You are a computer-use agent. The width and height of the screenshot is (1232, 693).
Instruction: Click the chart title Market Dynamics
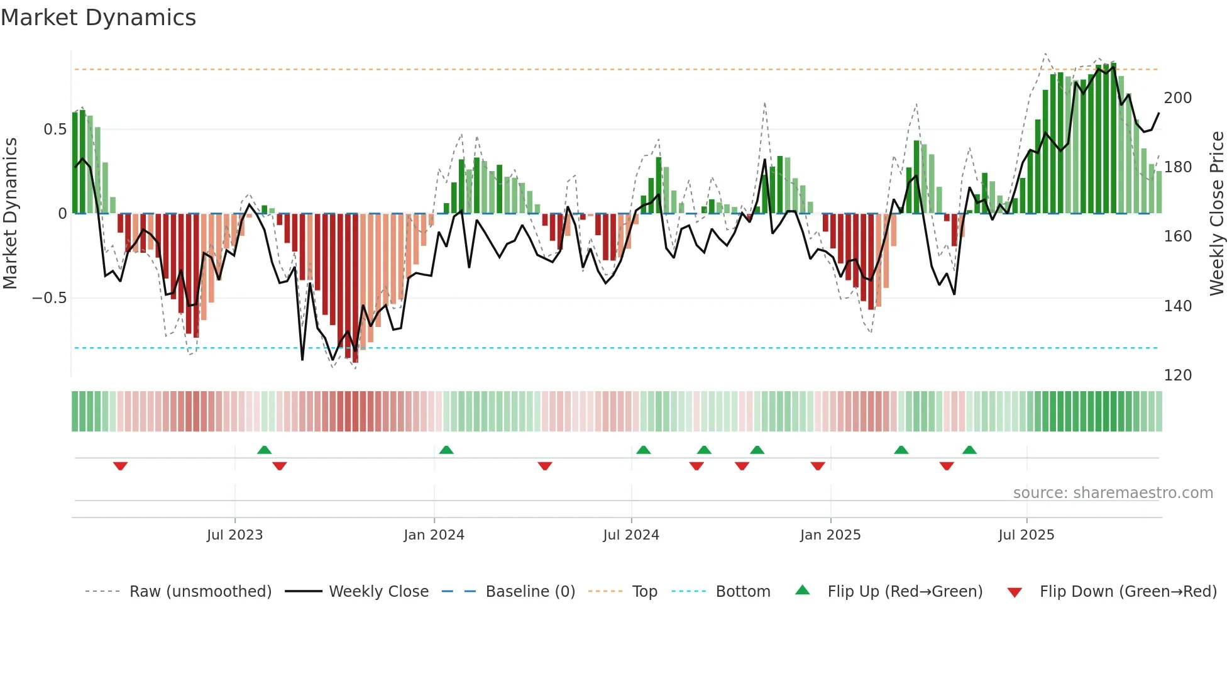click(x=98, y=18)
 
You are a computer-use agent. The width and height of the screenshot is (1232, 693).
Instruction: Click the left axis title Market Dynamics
click(x=10, y=214)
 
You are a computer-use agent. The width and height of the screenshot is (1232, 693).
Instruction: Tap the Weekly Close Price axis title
click(x=1217, y=214)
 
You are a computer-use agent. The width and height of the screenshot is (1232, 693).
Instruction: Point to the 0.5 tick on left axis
click(x=55, y=130)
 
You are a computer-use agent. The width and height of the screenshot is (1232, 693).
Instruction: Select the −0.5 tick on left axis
click(x=50, y=298)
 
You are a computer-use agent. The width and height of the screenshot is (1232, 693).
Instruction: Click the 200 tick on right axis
click(x=1177, y=98)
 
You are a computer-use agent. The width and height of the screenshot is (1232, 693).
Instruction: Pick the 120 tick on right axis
click(x=1177, y=375)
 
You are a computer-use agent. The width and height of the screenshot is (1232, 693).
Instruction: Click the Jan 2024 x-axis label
click(x=434, y=535)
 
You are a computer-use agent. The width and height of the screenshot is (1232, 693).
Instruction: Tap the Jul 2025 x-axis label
click(x=1026, y=535)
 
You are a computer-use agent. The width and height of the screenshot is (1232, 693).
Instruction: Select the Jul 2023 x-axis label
click(x=234, y=535)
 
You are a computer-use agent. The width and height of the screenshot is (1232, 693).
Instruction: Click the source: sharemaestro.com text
click(x=1113, y=493)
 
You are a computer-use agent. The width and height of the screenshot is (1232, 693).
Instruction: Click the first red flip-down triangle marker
click(x=120, y=466)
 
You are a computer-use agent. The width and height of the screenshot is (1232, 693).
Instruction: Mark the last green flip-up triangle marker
click(x=969, y=450)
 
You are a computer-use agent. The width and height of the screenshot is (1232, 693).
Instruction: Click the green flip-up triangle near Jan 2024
click(x=446, y=450)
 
